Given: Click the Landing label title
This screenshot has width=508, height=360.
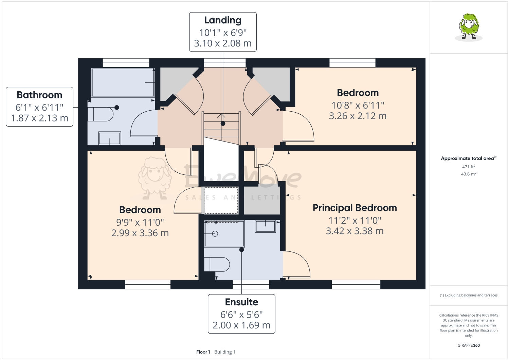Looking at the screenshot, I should point(223,20).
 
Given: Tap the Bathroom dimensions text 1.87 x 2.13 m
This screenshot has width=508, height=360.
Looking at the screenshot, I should point(39,118).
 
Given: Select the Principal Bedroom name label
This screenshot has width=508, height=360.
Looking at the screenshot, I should point(355,208).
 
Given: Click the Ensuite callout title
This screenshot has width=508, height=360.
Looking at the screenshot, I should point(241,302).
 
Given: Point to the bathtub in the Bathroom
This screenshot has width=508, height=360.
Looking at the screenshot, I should point(123,82).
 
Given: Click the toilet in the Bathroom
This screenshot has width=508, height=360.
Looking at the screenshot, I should point(101,114).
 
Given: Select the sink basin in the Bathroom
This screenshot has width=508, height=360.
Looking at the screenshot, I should point(110,138).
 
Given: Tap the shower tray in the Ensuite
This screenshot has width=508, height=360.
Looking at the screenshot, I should point(224,234).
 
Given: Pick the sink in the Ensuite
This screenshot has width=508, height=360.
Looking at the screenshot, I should point(265,226).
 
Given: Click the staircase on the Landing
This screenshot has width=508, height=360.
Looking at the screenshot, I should point(221,128).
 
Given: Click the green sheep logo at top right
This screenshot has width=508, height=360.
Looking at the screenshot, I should point(469,26).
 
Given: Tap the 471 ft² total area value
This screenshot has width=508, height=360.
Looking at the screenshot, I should point(468,167).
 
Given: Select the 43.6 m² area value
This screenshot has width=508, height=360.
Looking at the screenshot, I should point(468,174).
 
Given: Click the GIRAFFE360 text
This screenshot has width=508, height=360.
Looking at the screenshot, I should point(469,345).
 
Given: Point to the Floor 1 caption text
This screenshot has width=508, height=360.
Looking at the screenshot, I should point(203,352).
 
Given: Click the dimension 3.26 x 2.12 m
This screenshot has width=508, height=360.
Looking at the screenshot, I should point(358,116).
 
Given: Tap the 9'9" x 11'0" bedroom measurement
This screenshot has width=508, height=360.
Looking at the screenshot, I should point(140,222).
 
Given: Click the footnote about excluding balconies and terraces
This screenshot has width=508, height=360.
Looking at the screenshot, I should point(469,295).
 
